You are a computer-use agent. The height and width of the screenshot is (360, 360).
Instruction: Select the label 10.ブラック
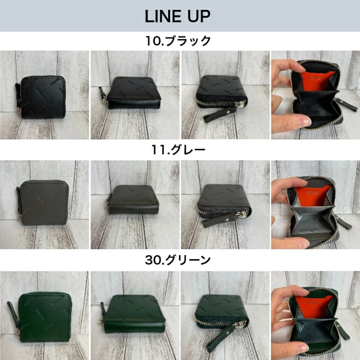coord(178,41)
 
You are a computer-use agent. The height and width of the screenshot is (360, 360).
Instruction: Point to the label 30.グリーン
coord(178,260)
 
